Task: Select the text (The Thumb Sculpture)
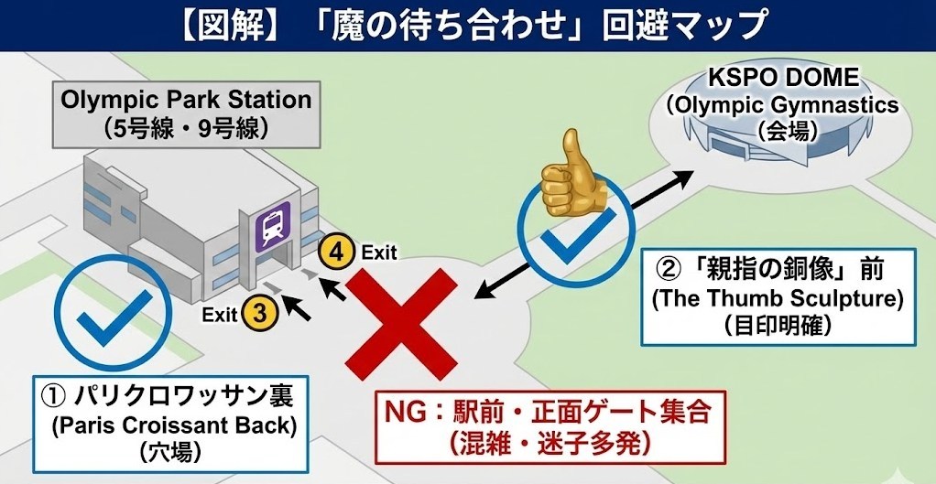(777, 298)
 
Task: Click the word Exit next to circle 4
(379, 252)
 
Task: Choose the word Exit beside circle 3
(220, 315)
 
